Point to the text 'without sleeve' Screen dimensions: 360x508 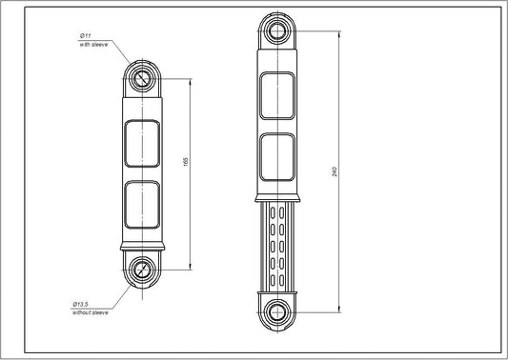(91, 311)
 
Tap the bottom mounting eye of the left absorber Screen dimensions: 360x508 (142, 269)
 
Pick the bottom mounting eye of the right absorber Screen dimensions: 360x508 (278, 310)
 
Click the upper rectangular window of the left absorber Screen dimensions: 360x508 (142, 139)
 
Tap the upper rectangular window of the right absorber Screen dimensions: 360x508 (278, 95)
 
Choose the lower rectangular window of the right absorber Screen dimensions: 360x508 (278, 156)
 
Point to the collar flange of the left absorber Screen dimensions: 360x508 (142, 246)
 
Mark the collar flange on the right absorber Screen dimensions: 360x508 (278, 197)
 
